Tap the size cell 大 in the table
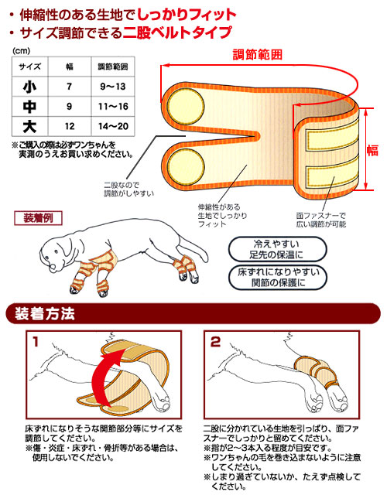[29, 125]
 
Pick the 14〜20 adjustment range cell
[110, 125]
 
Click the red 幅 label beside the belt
[374, 148]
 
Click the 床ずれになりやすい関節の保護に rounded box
[276, 278]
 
